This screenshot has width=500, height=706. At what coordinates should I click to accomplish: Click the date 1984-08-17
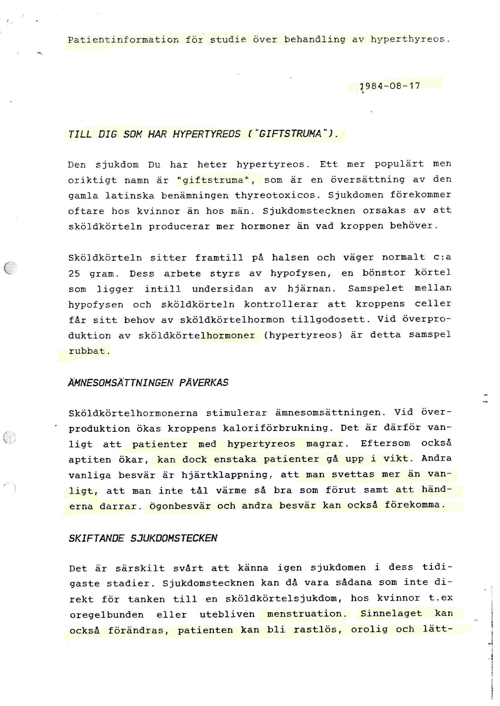390,86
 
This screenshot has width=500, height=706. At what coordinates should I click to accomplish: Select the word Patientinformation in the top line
123,40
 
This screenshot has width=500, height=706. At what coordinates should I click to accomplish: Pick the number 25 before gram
74,273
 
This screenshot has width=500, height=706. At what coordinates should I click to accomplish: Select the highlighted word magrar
324,444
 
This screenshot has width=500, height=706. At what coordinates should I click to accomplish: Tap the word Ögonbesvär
180,505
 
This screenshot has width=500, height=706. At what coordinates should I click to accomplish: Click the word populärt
399,164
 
